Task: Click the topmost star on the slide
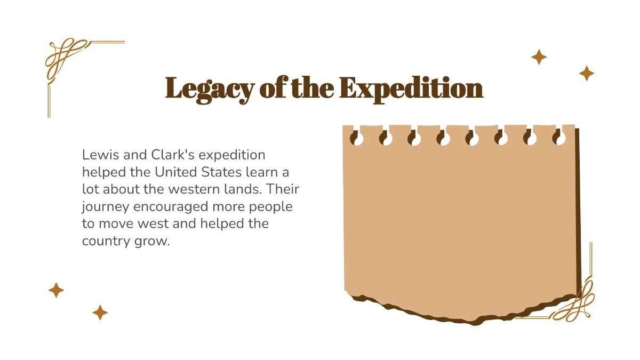(x=539, y=57)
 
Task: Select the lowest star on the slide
(x=100, y=313)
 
